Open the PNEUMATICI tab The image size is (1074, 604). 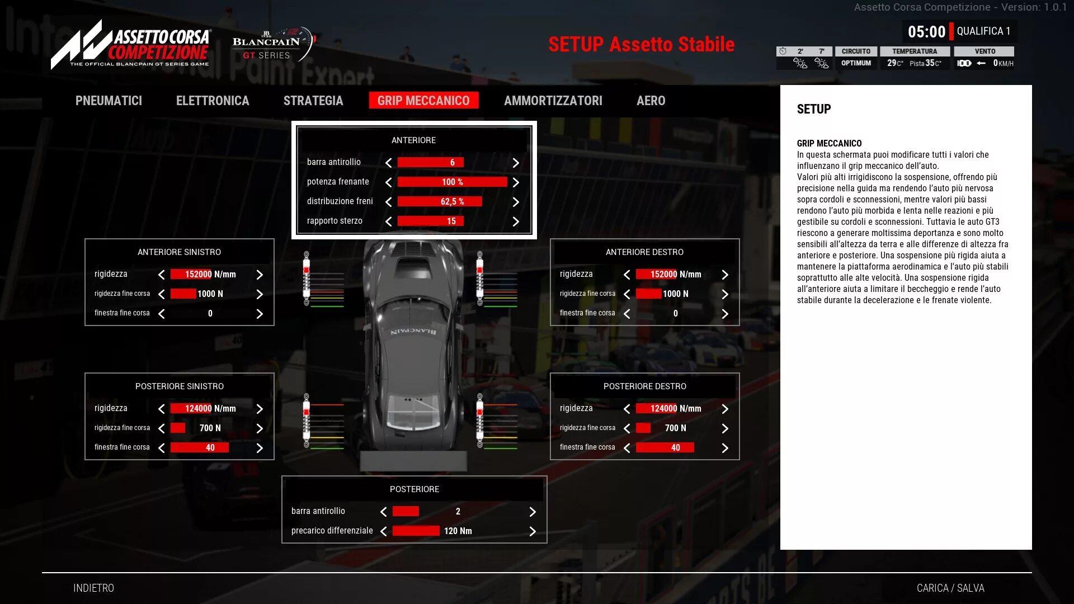(109, 101)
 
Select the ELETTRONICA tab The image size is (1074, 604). (213, 101)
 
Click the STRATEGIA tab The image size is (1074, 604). (313, 101)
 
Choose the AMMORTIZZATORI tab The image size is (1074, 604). (553, 101)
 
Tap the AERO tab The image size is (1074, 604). (651, 101)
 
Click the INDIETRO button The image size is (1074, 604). (93, 588)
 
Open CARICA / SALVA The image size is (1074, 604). (950, 588)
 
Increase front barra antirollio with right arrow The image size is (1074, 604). (516, 163)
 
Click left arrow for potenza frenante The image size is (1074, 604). (388, 182)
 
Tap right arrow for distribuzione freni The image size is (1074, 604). (516, 202)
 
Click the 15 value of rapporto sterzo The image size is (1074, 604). (451, 221)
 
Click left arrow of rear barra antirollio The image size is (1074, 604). (384, 512)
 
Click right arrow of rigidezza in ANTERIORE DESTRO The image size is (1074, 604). (725, 275)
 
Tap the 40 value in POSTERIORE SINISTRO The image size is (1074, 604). (210, 448)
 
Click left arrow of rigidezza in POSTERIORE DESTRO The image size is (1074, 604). (626, 409)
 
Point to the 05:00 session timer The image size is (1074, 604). (926, 32)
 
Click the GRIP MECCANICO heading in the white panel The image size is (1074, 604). (829, 144)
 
